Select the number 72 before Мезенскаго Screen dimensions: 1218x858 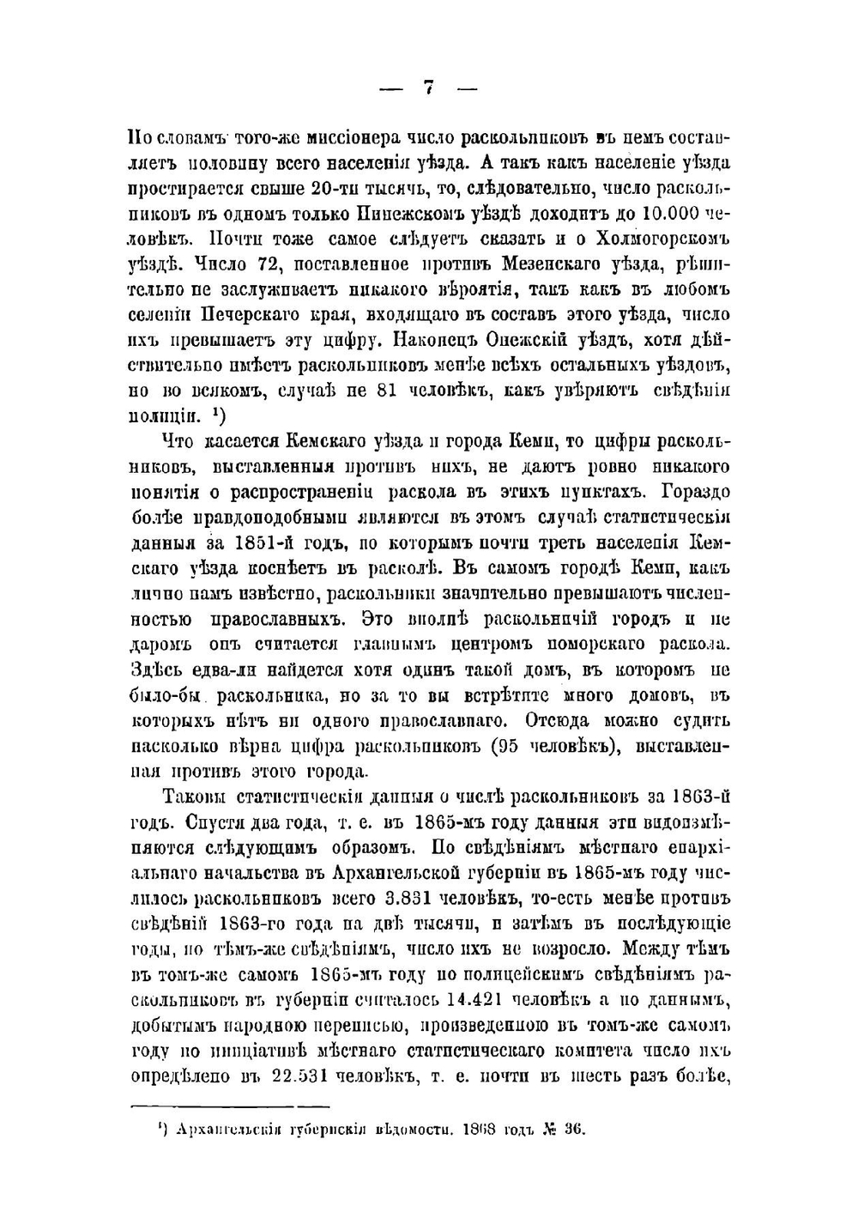[x=259, y=264]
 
